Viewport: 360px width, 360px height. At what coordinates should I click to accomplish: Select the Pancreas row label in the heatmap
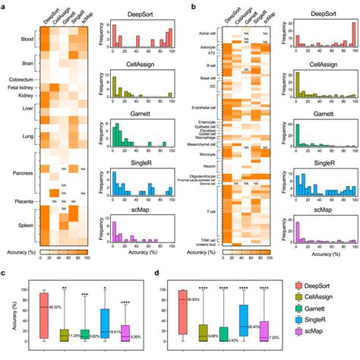coord(16,172)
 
